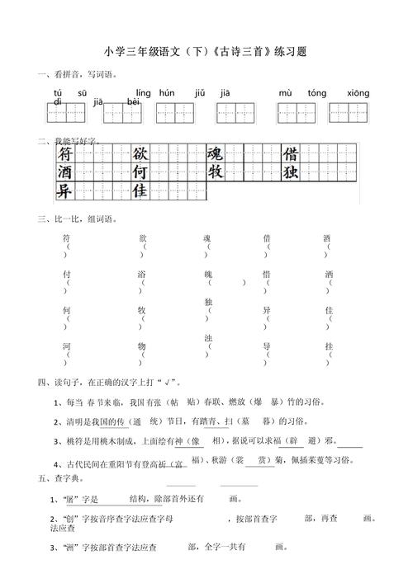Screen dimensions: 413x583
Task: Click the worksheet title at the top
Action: [206, 51]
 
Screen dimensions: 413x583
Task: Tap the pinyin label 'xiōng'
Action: [358, 93]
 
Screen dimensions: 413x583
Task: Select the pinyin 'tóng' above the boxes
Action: [316, 93]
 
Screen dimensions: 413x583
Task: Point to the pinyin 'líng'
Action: [143, 93]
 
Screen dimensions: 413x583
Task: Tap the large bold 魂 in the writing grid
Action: [215, 154]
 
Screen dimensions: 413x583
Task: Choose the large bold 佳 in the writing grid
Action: [140, 191]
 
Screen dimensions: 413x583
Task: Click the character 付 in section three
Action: [66, 274]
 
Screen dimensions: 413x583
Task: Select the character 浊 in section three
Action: [208, 338]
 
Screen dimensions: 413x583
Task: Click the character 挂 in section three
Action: [329, 346]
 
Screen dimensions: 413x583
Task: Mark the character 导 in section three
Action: [267, 346]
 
